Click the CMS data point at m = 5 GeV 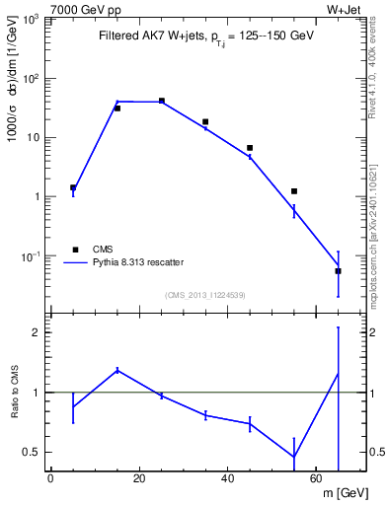[x=73, y=187]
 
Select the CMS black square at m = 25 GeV [x=161, y=101]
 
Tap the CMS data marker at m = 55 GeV [x=294, y=190]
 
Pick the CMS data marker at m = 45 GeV [x=250, y=148]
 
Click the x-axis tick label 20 [x=139, y=480]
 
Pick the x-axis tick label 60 [x=316, y=480]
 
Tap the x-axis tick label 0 [x=50, y=480]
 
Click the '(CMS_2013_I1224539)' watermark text [x=204, y=294]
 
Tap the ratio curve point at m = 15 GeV [x=117, y=370]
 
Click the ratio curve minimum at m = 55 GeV [x=294, y=457]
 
